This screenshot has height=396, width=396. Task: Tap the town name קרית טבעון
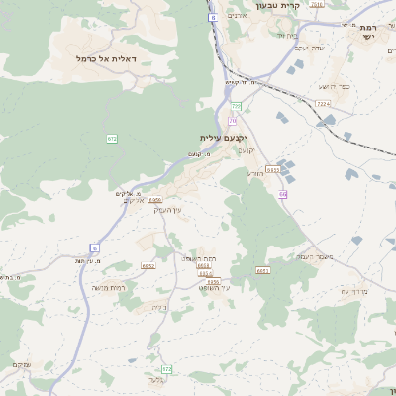[x=266, y=5]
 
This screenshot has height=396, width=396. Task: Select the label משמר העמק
[x=313, y=256]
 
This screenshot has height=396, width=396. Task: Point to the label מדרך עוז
[x=353, y=291]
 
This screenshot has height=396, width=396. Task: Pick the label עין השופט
[x=213, y=287]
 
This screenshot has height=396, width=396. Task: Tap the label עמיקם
[x=20, y=365]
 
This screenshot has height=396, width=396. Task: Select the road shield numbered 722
[x=166, y=368]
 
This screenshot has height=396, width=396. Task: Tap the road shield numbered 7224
[x=322, y=103]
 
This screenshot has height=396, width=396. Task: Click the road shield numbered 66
[x=283, y=194]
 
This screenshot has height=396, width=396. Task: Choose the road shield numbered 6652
[x=148, y=265]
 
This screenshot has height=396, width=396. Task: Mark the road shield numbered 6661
[x=262, y=270]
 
